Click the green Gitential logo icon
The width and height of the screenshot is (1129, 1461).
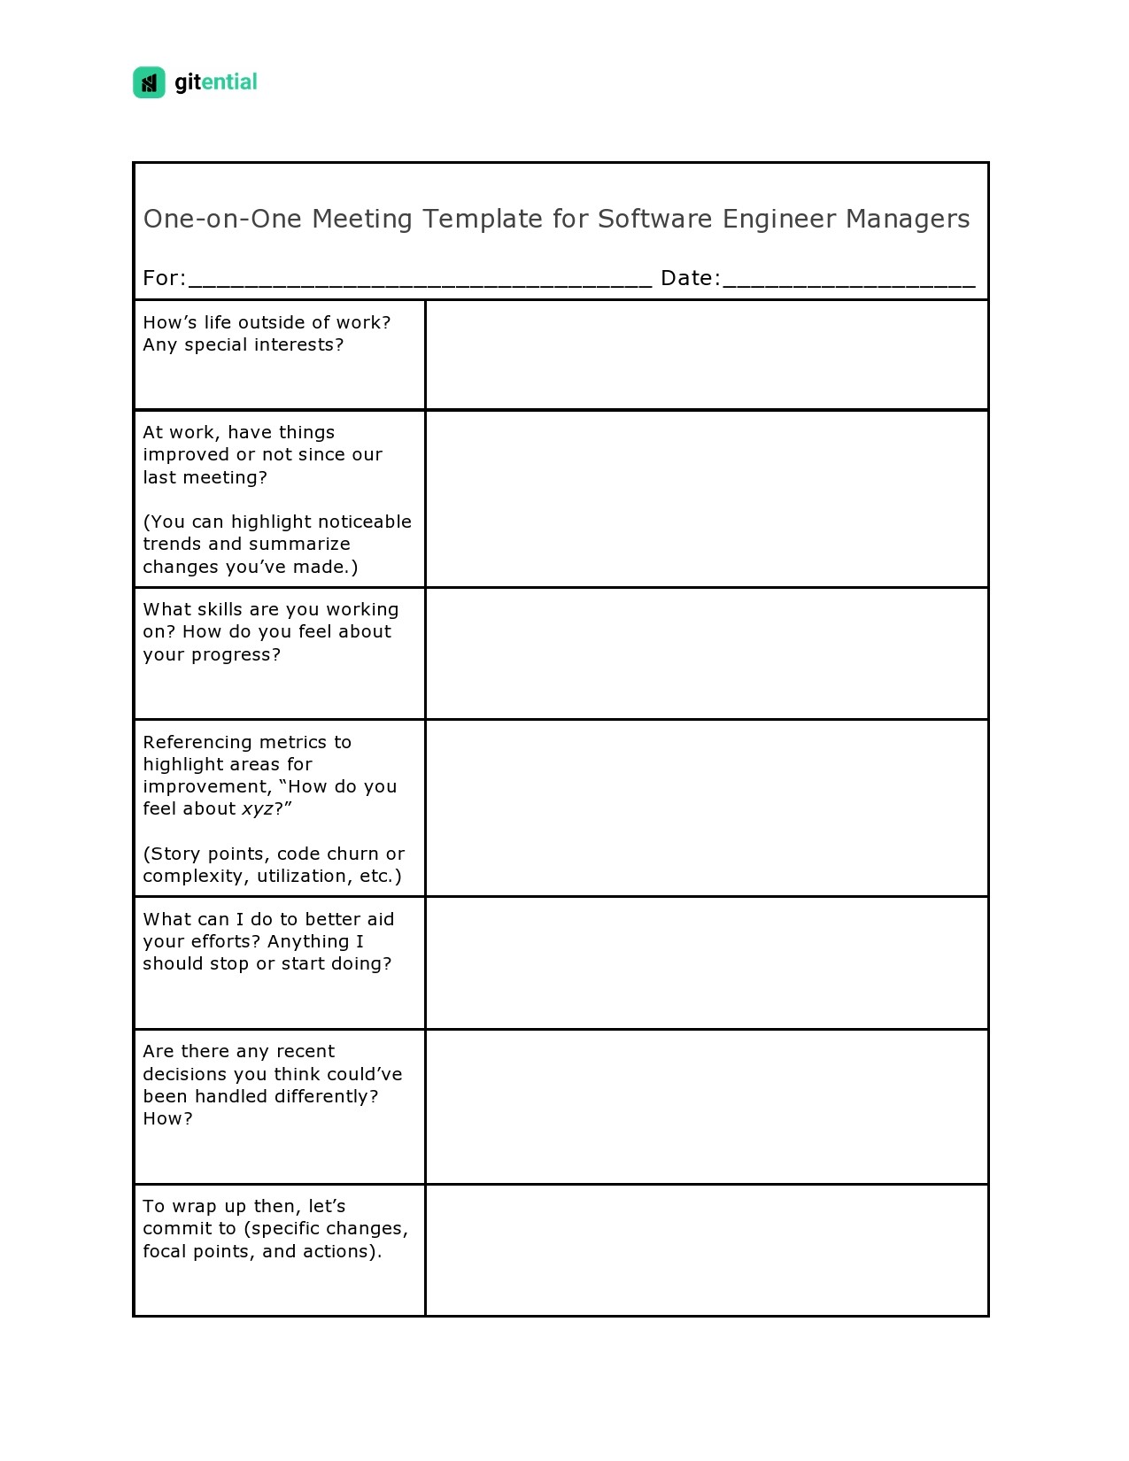tap(149, 82)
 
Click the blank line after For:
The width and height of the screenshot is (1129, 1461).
tap(421, 282)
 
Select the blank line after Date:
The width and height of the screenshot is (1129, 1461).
tap(848, 282)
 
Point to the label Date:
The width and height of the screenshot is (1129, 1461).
tap(690, 278)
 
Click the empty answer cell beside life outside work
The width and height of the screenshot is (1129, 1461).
tap(706, 354)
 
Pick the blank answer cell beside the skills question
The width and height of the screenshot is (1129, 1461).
tap(706, 653)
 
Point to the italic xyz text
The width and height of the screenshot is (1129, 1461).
tap(258, 808)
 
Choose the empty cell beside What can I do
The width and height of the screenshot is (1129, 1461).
tap(706, 962)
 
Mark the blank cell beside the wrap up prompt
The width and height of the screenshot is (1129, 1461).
tap(706, 1249)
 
